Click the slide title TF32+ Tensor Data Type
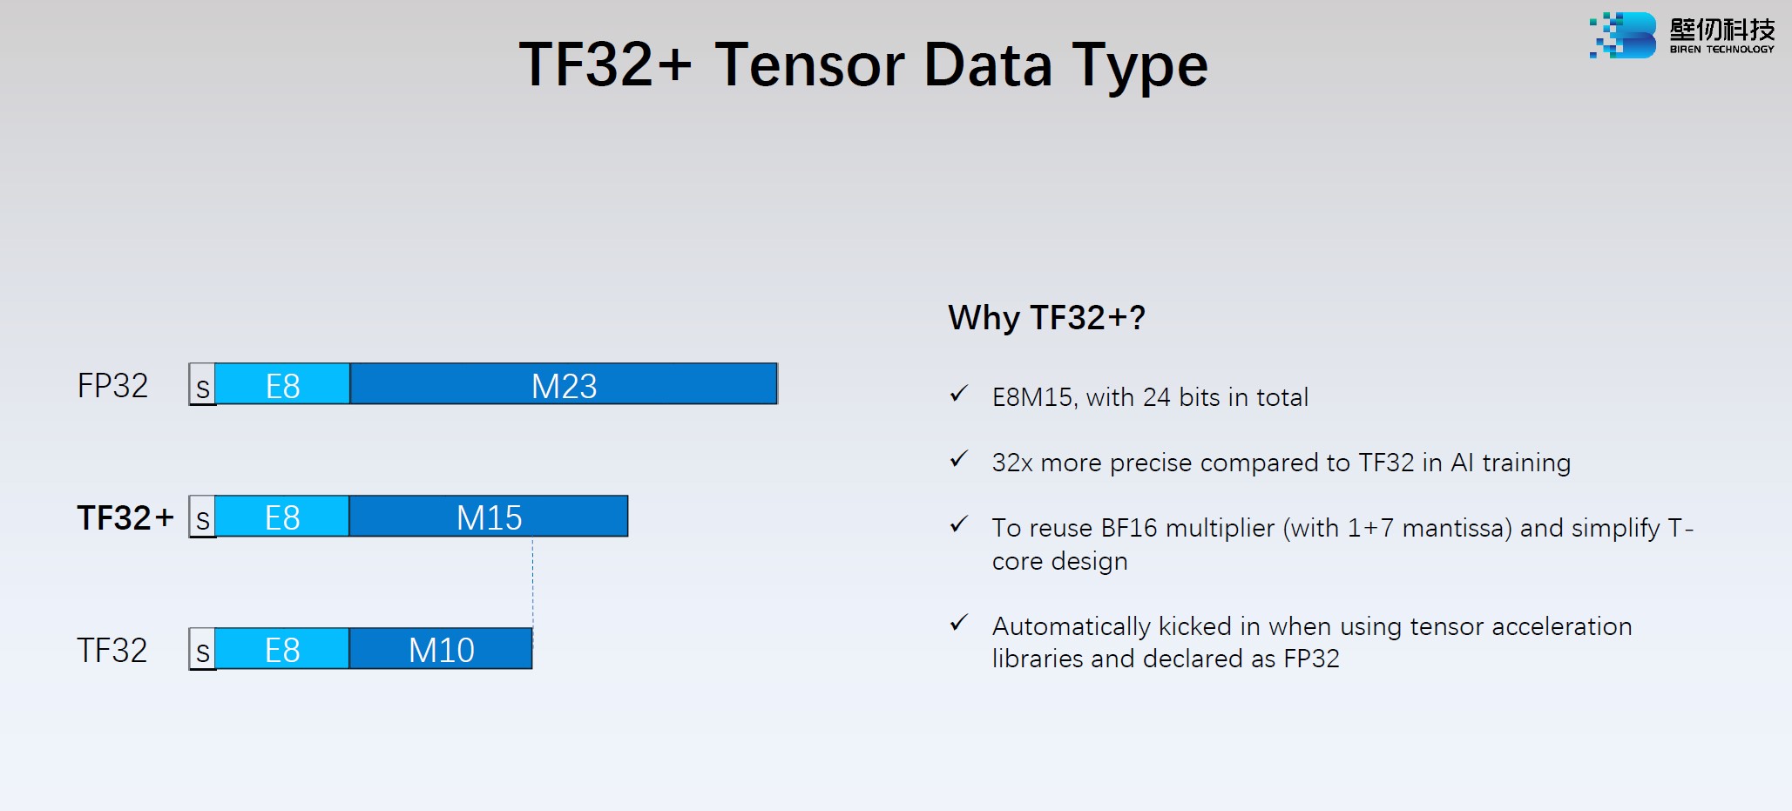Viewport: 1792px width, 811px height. pyautogui.click(x=863, y=66)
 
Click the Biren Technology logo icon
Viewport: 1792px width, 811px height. pyautogui.click(x=1622, y=36)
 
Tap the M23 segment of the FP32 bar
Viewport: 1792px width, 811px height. pyautogui.click(x=564, y=384)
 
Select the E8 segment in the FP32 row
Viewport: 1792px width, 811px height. pyautogui.click(x=282, y=384)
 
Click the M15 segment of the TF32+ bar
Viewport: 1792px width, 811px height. pyautogui.click(x=489, y=517)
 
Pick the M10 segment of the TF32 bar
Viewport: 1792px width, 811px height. pyautogui.click(x=441, y=649)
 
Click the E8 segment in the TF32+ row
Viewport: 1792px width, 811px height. pyautogui.click(x=282, y=517)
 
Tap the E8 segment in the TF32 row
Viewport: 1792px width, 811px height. pyautogui.click(x=282, y=649)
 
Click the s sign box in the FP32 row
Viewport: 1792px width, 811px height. pyautogui.click(x=202, y=384)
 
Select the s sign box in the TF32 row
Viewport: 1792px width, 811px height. pyautogui.click(x=202, y=649)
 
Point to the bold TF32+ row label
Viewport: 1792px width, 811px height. pyautogui.click(x=125, y=517)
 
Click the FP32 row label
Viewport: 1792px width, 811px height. pyautogui.click(x=112, y=385)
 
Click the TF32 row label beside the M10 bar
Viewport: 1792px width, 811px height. pyautogui.click(x=112, y=650)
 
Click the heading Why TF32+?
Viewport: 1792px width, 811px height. pyautogui.click(x=1046, y=318)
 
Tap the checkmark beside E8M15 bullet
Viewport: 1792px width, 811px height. pyautogui.click(x=959, y=394)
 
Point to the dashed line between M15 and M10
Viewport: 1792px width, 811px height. pyautogui.click(x=532, y=582)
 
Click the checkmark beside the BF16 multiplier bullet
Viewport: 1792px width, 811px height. pyautogui.click(x=959, y=524)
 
